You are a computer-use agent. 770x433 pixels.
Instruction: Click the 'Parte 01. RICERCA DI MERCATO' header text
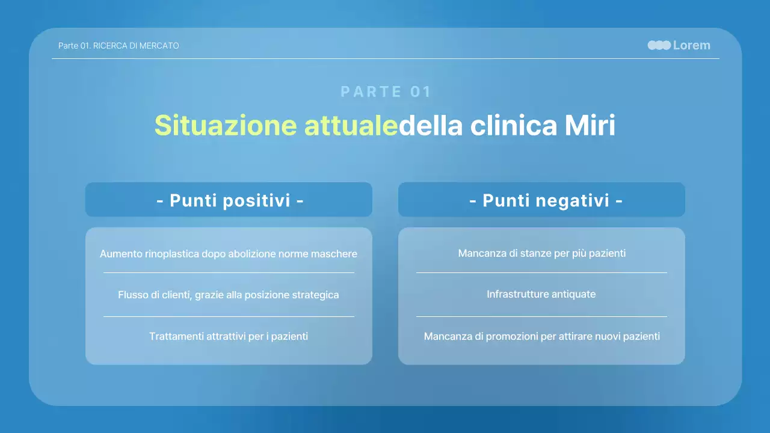pos(119,46)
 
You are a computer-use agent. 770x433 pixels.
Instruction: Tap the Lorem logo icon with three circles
pos(659,45)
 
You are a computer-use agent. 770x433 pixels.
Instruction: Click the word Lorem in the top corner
pos(691,45)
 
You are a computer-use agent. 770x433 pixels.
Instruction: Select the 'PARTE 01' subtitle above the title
pos(386,91)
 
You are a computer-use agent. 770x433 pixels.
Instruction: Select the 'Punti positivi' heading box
pos(229,200)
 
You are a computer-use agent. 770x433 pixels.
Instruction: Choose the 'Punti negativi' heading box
pos(541,200)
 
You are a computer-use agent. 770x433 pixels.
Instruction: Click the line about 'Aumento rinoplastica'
pos(228,254)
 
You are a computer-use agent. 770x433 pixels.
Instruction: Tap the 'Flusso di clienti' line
pos(228,295)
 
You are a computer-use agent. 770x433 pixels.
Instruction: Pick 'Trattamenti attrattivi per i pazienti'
pos(228,336)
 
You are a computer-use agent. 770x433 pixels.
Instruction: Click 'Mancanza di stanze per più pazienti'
pos(541,253)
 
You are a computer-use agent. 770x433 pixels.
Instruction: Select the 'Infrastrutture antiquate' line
pos(541,294)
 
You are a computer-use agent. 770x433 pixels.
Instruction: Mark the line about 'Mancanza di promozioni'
pos(541,336)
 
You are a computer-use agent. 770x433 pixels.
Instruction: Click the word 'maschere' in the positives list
pos(334,254)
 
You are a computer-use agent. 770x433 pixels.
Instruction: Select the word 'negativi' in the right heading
pos(576,200)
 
